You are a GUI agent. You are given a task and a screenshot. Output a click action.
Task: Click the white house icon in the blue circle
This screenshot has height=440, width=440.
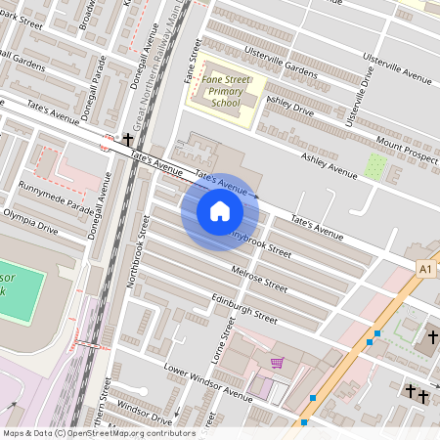tap(220, 211)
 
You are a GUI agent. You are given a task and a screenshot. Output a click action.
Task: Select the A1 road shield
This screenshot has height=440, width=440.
tap(424, 268)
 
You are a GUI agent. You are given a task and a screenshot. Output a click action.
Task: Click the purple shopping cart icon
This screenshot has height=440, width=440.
tap(278, 363)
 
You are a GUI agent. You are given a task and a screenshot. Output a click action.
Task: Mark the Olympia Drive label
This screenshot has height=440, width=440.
tap(30, 220)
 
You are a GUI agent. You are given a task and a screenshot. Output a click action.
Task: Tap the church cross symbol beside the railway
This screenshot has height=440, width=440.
tap(128, 141)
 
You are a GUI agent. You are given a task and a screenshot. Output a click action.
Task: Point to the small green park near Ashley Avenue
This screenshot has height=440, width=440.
tap(374, 165)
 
